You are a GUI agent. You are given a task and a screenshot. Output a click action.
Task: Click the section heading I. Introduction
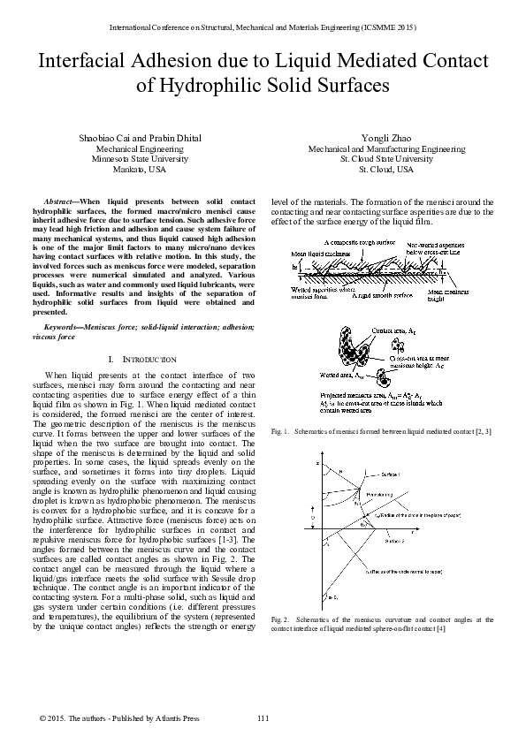point(141,360)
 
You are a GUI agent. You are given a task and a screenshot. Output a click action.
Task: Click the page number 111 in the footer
point(263,717)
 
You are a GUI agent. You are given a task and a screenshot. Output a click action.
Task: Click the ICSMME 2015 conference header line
point(263,28)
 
